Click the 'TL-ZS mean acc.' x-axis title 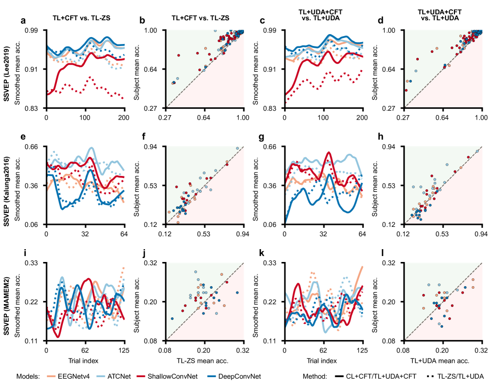(204, 361)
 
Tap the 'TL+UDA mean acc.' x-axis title (443, 361)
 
